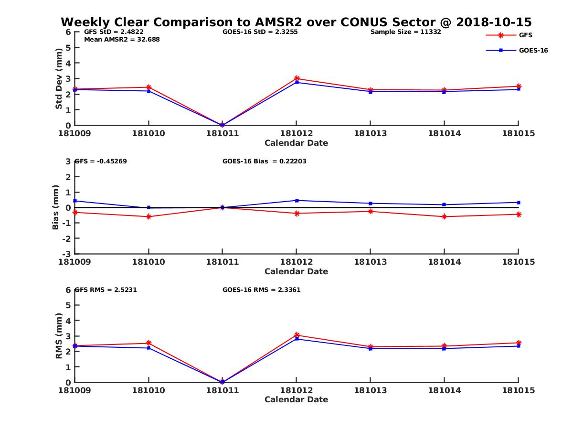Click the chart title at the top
point(296,22)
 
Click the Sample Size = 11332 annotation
point(405,32)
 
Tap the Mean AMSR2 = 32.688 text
point(122,40)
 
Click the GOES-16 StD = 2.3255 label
point(260,32)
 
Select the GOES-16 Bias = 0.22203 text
point(265,161)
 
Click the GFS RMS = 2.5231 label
point(106,290)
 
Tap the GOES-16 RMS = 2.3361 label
point(261,290)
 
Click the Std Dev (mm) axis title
point(59,79)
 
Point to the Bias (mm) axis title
point(56,207)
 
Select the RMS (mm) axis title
point(59,336)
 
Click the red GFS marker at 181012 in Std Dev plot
point(297,78)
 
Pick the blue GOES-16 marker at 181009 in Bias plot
point(75,201)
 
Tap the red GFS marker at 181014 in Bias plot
point(445,216)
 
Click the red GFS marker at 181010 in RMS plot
point(149,343)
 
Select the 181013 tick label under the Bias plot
point(370,262)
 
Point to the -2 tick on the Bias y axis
point(67,238)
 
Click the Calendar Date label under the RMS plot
point(296,399)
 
